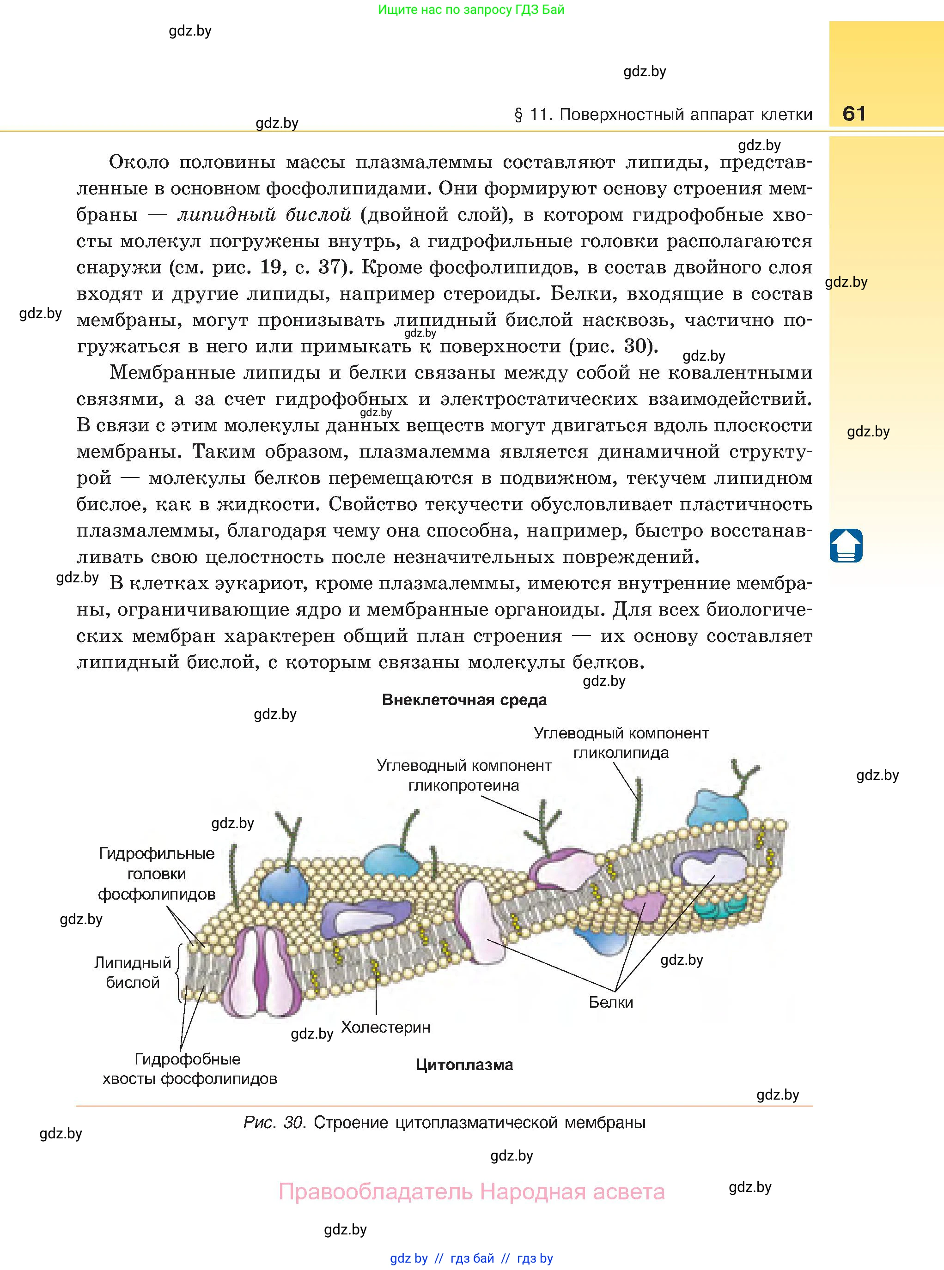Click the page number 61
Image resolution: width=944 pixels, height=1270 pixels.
tap(854, 114)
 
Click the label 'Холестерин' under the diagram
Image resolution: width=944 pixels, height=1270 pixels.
tap(386, 1027)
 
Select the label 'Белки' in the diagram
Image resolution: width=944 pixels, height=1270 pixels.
tap(611, 1002)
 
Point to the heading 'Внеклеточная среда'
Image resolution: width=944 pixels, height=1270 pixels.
tap(464, 700)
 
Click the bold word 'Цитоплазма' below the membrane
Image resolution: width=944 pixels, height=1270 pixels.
tap(464, 1064)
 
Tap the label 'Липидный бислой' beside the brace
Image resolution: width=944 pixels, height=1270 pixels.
tap(133, 973)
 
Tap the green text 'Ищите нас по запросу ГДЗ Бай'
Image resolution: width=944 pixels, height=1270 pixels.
tap(471, 10)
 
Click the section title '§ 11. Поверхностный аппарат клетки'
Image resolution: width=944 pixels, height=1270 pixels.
tap(663, 115)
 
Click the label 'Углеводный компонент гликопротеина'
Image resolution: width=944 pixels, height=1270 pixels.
tap(463, 775)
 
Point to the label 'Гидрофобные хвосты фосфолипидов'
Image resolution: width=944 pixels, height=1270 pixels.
tap(189, 1069)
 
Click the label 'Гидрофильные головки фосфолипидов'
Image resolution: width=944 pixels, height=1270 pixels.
tap(157, 874)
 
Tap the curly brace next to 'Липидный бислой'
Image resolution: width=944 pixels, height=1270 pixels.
tap(178, 972)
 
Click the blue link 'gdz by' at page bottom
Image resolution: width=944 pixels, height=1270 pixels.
tap(408, 1258)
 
